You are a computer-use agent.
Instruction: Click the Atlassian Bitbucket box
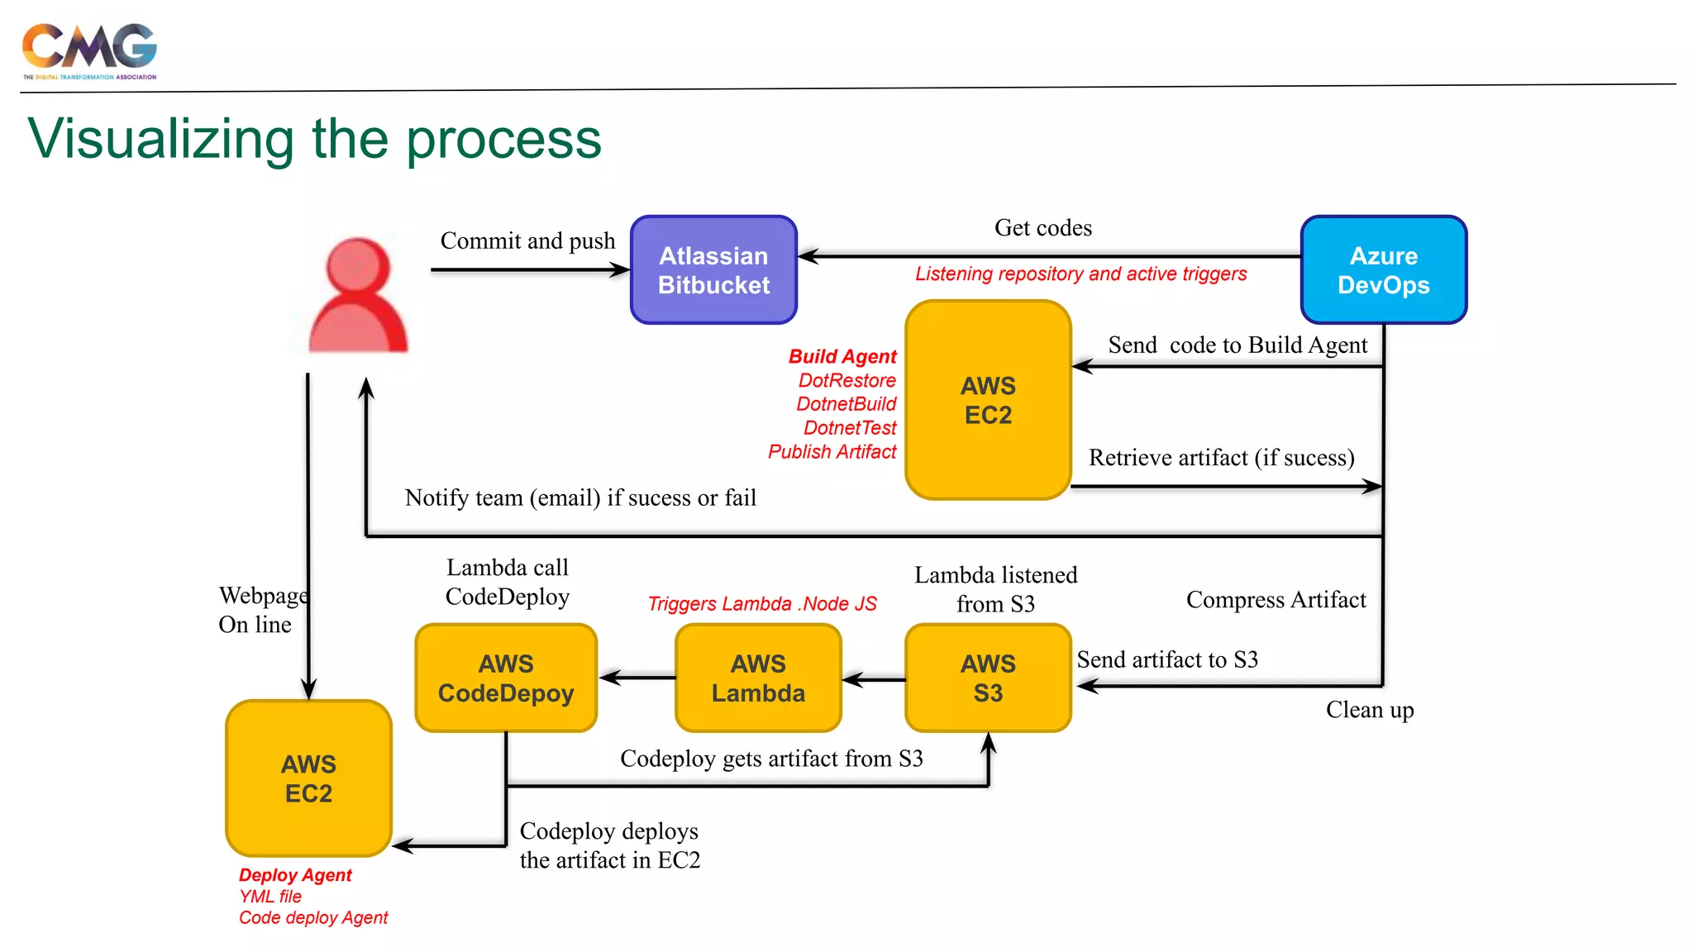point(713,270)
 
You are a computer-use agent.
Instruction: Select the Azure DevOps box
point(1383,270)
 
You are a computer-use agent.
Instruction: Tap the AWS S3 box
point(988,678)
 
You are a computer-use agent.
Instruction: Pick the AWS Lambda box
point(758,678)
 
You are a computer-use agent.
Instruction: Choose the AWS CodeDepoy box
point(506,678)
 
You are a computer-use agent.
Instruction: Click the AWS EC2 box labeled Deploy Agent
point(308,778)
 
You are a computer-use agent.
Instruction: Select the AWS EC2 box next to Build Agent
point(988,400)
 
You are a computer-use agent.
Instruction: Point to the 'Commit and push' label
point(527,240)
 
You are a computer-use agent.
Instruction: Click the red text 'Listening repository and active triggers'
point(1080,274)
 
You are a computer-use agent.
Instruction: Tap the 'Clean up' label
point(1370,710)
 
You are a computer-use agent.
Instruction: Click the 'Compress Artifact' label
point(1276,599)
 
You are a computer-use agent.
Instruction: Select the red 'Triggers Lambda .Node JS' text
point(761,604)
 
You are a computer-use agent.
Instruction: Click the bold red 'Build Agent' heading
point(842,356)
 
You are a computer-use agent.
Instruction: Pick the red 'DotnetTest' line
point(849,428)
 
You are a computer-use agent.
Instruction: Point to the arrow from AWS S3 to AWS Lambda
point(874,679)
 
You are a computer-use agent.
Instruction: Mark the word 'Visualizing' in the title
point(161,139)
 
